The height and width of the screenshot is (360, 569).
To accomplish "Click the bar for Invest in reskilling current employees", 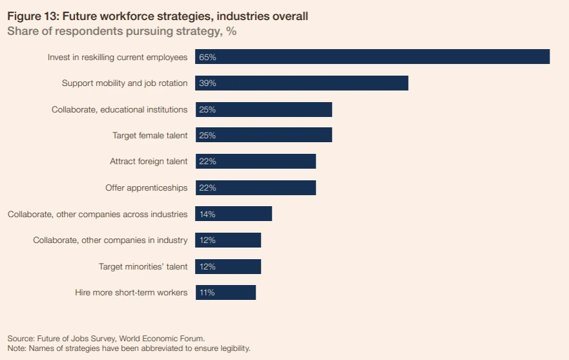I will [372, 57].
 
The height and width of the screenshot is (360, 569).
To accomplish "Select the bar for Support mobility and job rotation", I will [302, 83].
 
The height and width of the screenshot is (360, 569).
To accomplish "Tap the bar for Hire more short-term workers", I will [225, 293].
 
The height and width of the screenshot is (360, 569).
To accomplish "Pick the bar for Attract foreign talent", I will [255, 162].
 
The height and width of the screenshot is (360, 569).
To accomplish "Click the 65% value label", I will [207, 58].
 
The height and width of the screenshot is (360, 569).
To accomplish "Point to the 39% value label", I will [207, 83].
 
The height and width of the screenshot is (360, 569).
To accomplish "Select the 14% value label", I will [207, 214].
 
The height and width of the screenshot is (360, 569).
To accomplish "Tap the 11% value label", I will [207, 293].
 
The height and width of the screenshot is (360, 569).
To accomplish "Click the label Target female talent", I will [150, 136].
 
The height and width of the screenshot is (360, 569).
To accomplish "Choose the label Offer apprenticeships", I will [147, 188].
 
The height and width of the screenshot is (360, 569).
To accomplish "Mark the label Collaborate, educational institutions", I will [119, 110].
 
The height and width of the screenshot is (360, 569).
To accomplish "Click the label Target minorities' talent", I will [143, 266].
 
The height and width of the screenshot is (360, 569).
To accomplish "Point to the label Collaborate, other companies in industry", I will [110, 240].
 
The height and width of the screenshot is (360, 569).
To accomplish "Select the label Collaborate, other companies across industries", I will [98, 214].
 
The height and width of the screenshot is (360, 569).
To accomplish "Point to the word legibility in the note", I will [231, 348].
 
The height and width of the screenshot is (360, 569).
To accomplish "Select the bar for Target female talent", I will [264, 136].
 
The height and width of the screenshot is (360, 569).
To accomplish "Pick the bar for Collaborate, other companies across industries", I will [233, 214].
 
